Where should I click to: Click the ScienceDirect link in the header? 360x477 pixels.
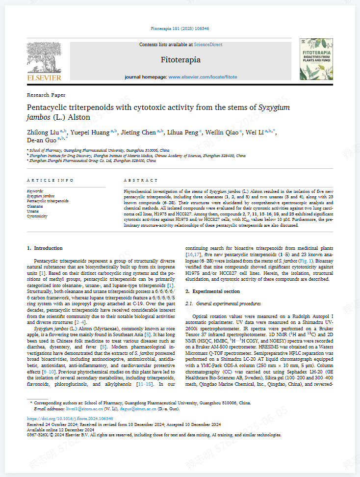tap(208, 45)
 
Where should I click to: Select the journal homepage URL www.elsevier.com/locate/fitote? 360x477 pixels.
tap(203, 77)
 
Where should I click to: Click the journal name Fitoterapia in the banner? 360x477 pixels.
tap(180, 60)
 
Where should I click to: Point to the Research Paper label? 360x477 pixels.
tap(46, 95)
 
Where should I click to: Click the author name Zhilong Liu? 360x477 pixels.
tap(43, 132)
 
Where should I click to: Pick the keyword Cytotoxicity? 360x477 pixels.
tap(37, 216)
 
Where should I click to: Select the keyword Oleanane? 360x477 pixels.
tap(35, 206)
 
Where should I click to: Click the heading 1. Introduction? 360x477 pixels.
tap(45, 248)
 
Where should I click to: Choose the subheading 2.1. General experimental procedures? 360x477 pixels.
tap(223, 304)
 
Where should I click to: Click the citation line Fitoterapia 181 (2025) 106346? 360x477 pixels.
tap(180, 29)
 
